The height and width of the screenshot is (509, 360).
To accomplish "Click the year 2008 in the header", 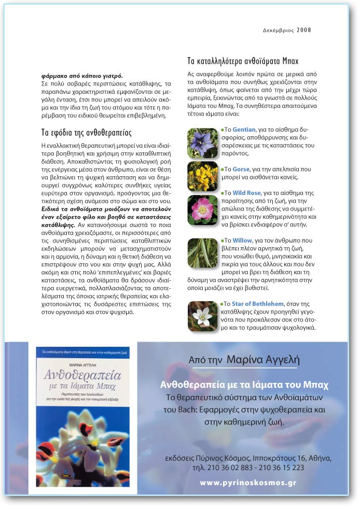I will tap(304, 30).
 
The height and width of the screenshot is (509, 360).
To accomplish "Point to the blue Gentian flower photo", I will tap(202, 143).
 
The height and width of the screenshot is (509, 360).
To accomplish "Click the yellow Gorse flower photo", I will tap(202, 176).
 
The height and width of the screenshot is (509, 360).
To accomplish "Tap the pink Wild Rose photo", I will tap(202, 209).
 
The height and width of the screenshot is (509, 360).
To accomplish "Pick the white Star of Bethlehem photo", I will tap(202, 316).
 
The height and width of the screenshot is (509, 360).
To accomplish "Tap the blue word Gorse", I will tap(241, 169).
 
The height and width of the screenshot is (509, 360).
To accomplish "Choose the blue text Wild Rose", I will tap(246, 193).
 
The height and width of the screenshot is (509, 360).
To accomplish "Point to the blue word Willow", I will tap(242, 241).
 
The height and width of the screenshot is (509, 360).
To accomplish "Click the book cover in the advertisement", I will tap(86, 420).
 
